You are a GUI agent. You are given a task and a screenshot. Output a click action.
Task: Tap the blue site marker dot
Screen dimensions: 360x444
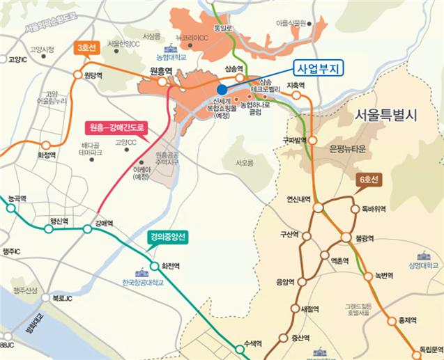click(x=221, y=90)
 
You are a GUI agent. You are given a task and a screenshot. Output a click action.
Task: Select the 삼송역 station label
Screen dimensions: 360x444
click(x=236, y=68)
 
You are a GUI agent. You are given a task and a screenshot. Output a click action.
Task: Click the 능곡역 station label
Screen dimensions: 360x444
click(x=17, y=199)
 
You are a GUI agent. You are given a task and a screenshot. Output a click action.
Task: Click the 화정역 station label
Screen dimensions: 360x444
click(x=47, y=157)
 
